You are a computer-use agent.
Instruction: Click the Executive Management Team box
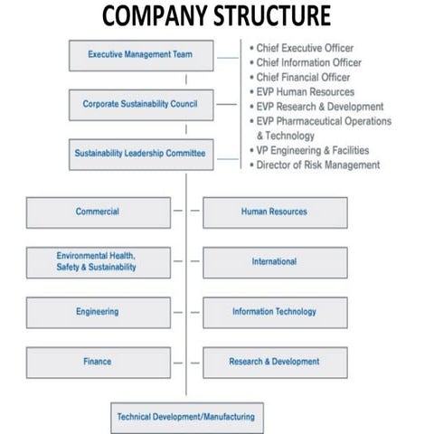click(x=142, y=55)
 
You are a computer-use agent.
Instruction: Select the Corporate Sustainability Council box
click(x=142, y=104)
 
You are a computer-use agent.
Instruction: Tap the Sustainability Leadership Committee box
click(x=142, y=154)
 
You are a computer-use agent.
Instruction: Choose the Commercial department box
click(x=98, y=212)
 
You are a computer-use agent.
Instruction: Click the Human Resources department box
click(x=274, y=212)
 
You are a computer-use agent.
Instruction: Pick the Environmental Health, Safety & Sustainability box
click(x=98, y=262)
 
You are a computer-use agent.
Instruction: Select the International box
click(x=274, y=262)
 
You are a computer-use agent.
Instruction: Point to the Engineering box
click(x=98, y=312)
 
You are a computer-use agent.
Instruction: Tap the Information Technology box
click(x=274, y=312)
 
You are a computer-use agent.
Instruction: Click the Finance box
click(x=98, y=362)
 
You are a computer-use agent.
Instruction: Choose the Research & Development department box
click(x=274, y=362)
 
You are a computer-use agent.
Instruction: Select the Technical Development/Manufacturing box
click(x=185, y=418)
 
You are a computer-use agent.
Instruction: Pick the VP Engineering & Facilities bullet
click(x=316, y=150)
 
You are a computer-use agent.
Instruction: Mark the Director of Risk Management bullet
click(x=317, y=165)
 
